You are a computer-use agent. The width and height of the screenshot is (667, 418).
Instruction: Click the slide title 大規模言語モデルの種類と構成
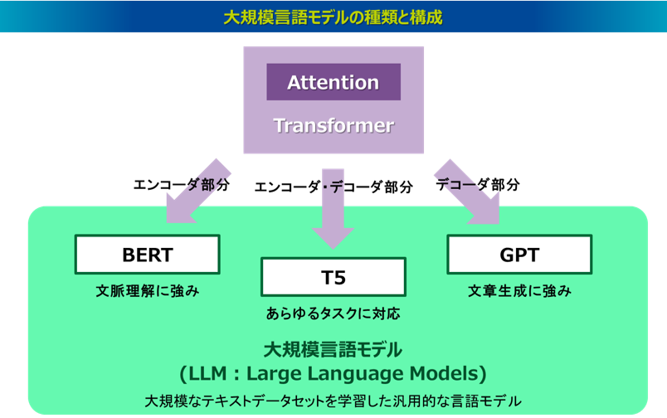coord(333,17)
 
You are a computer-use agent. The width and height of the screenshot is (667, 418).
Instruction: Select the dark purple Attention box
coord(333,82)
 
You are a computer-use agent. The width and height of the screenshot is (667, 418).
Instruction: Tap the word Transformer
coord(333,125)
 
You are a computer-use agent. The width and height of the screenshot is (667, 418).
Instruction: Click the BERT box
coord(147,255)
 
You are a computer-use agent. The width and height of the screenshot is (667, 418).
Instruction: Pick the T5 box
coord(333,277)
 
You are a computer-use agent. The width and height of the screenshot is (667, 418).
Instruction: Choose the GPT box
coord(519,255)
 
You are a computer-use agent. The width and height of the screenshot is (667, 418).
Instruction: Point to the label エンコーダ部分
coord(182,185)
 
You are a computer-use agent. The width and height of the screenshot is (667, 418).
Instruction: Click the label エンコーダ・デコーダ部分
coord(333,187)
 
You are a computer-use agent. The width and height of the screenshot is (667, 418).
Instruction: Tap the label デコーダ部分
coord(478,185)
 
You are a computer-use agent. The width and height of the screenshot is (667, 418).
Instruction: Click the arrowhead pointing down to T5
coord(333,239)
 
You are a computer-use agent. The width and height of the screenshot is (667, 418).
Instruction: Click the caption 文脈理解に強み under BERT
coord(148,291)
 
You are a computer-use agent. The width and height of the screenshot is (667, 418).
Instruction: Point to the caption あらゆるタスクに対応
coord(333,313)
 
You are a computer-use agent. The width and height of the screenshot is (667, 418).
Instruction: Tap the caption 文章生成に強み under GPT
coord(519,291)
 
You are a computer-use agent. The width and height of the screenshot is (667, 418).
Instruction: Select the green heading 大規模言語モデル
coord(333,350)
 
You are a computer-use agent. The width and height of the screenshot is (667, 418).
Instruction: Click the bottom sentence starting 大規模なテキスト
coord(333,401)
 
